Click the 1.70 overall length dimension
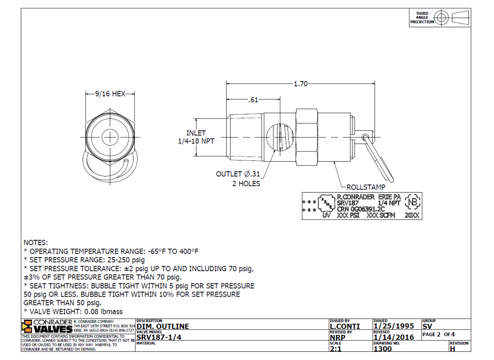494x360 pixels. click(301, 84)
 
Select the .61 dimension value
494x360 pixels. click(253, 100)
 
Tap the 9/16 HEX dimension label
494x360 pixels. click(110, 94)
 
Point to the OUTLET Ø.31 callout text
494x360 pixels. click(238, 174)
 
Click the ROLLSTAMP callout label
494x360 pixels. click(366, 187)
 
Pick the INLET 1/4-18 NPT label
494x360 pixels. click(196, 137)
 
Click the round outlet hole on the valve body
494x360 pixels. click(280, 137)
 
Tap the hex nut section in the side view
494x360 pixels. click(307, 137)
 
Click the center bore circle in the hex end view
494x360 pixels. click(110, 137)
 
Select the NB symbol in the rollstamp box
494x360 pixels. click(413, 202)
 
